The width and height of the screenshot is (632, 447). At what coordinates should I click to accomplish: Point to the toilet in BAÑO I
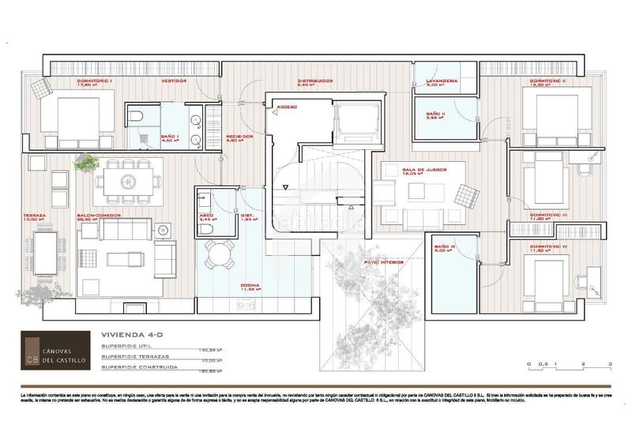tap(137, 118)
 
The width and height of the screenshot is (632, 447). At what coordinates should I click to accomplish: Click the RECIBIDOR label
tap(239, 136)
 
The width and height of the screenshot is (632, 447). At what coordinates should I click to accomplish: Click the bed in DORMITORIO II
tap(548, 109)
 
